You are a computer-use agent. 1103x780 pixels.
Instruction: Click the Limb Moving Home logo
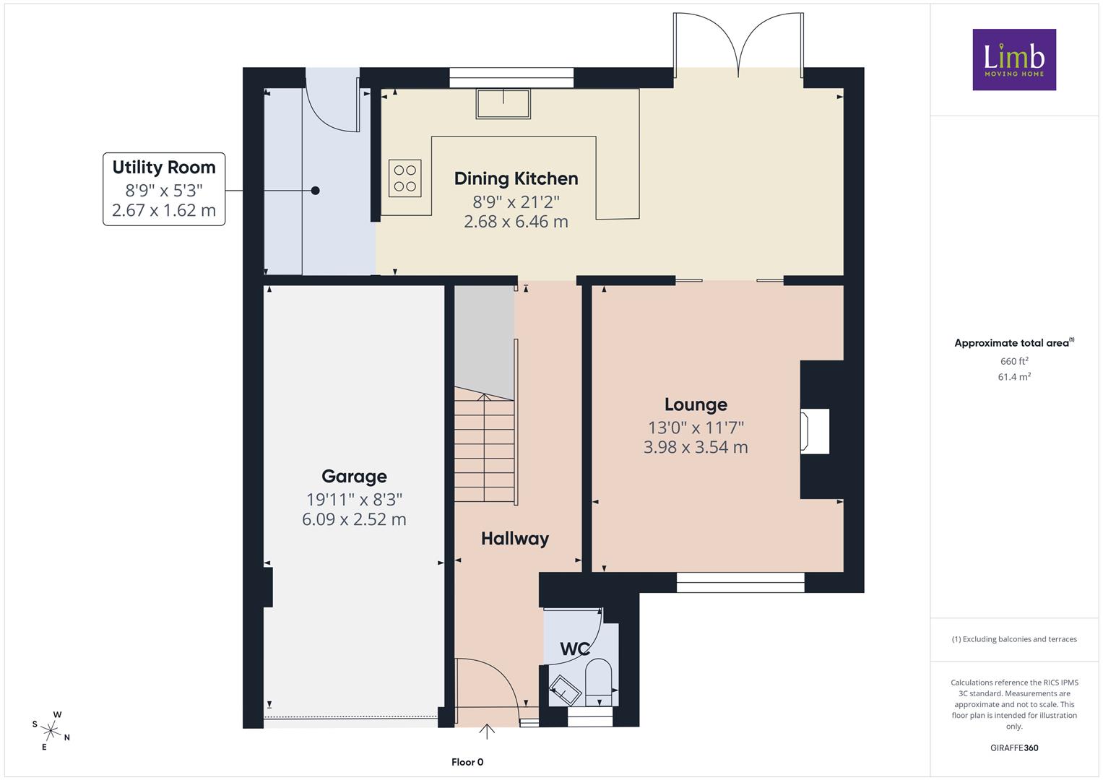[1014, 59]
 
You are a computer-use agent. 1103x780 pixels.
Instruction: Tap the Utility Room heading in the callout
[164, 168]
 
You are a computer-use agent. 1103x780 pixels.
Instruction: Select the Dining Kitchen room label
[516, 178]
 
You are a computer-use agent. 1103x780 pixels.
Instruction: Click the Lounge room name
[696, 404]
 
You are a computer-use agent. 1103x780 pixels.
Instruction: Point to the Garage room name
[354, 476]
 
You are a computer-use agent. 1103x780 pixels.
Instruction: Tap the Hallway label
[515, 538]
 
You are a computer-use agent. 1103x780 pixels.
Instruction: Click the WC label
[575, 649]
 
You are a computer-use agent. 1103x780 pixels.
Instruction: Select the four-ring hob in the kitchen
[405, 178]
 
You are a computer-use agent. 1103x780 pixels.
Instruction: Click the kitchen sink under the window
[503, 103]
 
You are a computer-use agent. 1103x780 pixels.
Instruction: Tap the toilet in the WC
[598, 682]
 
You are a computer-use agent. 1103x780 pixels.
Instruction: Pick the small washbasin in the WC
[566, 690]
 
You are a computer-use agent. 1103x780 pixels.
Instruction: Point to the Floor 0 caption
[467, 762]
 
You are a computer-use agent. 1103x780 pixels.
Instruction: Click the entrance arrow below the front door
[487, 731]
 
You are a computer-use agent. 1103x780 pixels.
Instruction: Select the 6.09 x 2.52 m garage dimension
[354, 519]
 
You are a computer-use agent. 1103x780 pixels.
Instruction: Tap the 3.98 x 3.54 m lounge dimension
[696, 447]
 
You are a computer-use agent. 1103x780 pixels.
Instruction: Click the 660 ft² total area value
[1014, 361]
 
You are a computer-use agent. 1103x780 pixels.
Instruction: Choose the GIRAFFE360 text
[1014, 747]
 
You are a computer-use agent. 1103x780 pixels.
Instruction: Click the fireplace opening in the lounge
[815, 431]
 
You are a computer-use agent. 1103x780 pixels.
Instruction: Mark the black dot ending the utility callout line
[315, 191]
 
